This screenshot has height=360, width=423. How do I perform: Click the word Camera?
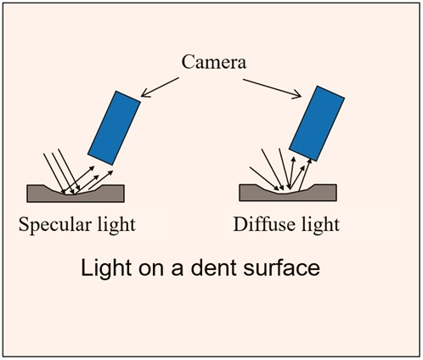(214, 62)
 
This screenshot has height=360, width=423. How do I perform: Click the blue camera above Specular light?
(114, 127)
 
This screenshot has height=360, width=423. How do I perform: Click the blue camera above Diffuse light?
(317, 123)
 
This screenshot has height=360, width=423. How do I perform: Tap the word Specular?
(55, 226)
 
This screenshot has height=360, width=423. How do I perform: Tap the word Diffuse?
(264, 225)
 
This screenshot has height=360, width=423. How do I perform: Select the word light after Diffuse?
(320, 225)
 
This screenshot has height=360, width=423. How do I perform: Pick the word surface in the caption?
(282, 267)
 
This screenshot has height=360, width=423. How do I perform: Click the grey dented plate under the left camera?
(76, 194)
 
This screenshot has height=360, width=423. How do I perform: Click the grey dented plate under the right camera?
(288, 193)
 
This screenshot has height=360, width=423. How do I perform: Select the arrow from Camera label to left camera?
(160, 87)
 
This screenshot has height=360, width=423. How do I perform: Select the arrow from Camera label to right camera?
(272, 88)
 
